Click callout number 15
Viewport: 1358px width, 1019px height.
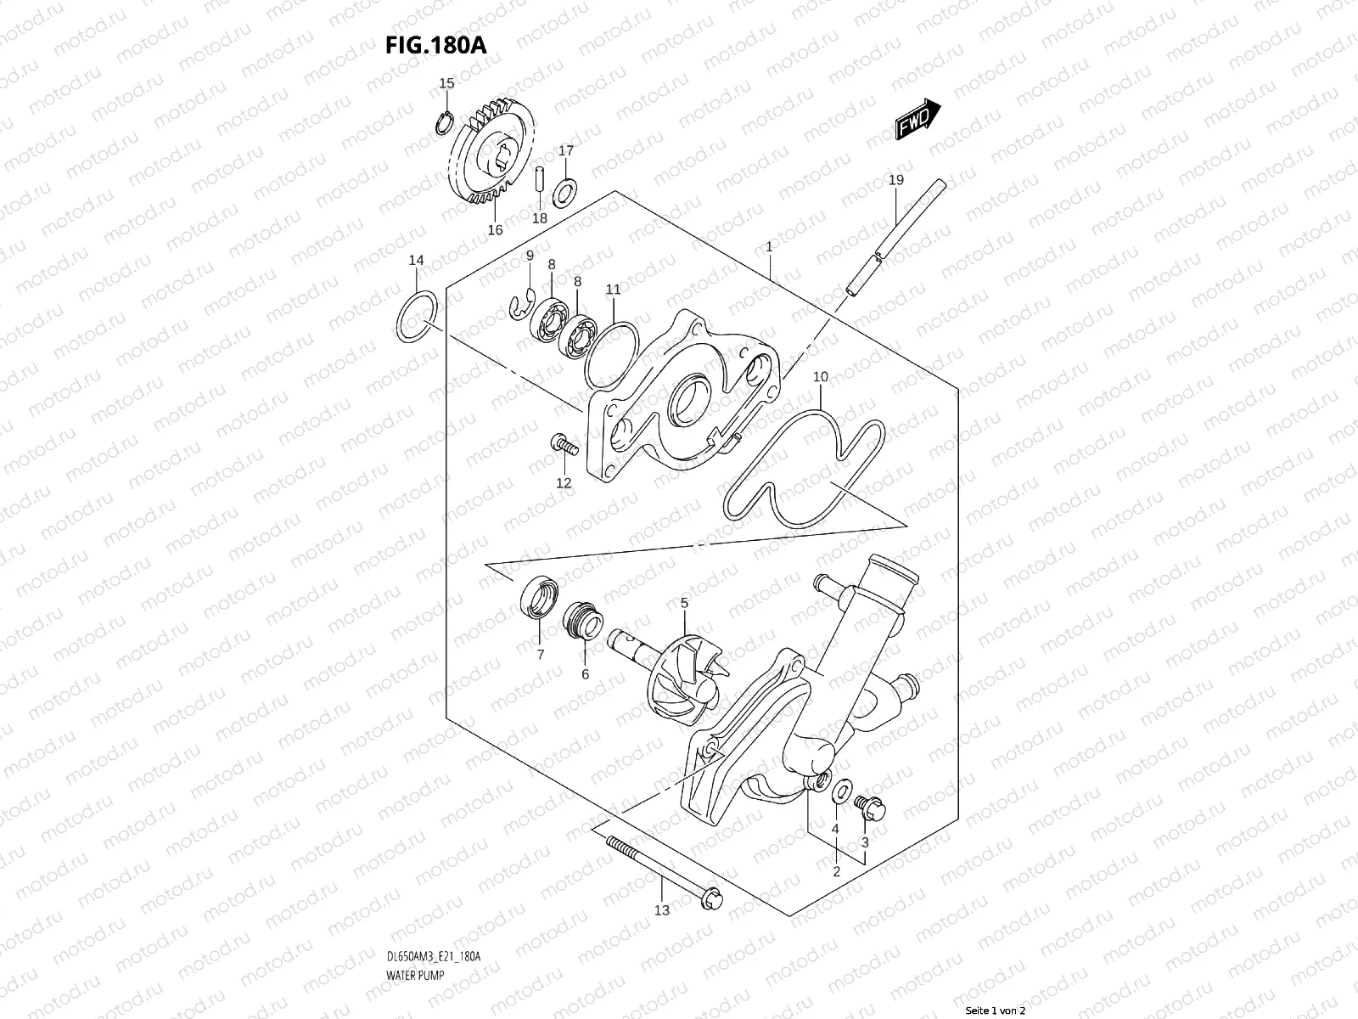click(x=446, y=83)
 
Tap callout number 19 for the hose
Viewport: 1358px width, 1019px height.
click(x=895, y=180)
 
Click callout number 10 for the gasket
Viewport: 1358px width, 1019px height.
click(x=820, y=376)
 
